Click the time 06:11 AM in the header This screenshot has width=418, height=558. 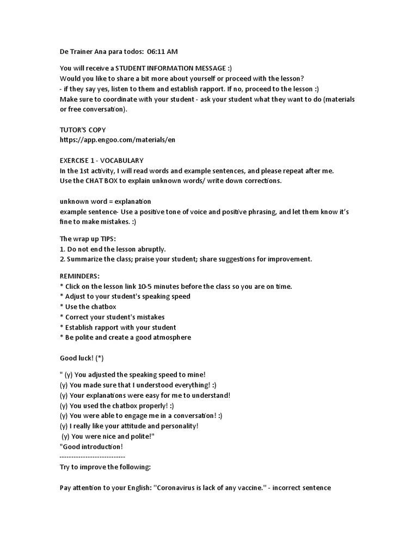click(162, 52)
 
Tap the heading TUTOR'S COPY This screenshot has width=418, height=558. click(83, 130)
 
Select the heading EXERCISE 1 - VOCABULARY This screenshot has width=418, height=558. click(101, 160)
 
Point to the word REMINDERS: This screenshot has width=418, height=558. click(79, 276)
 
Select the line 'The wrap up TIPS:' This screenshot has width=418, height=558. click(88, 239)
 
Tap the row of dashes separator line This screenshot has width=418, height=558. click(92, 457)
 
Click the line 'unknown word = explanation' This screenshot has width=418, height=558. click(105, 201)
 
